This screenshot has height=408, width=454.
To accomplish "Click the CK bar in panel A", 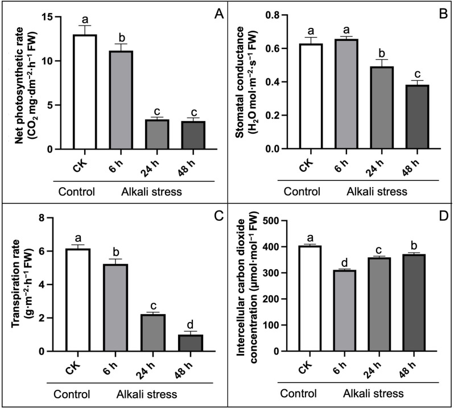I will [x=84, y=92].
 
